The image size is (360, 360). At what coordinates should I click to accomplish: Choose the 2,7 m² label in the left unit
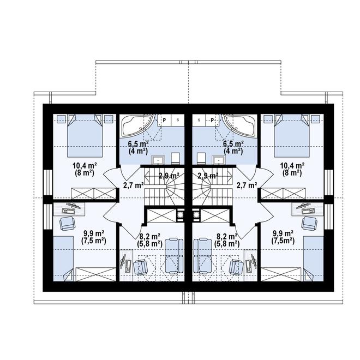133,185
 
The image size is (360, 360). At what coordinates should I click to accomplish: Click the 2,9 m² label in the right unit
207,176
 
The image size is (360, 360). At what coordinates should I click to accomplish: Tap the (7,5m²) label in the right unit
284,240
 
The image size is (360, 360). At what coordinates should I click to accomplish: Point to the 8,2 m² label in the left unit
149,236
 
